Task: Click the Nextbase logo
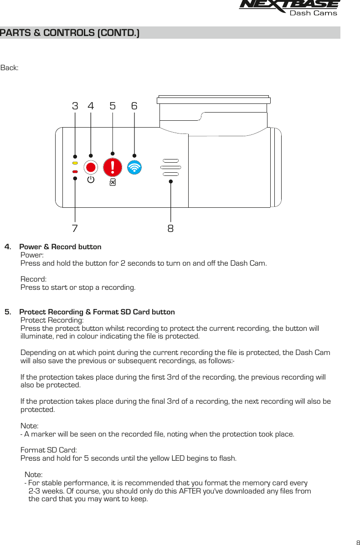289,8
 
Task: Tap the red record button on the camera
91,167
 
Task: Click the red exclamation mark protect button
113,167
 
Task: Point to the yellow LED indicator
75,163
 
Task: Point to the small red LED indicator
75,172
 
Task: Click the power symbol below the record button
91,180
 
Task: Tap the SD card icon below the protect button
113,182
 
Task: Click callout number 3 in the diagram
75,106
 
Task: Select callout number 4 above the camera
91,106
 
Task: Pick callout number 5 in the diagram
113,106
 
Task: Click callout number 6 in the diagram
134,106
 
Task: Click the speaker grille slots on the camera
170,167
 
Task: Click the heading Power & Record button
60,247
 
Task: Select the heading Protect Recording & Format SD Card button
97,312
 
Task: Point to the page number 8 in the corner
357,542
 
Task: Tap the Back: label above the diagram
10,68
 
